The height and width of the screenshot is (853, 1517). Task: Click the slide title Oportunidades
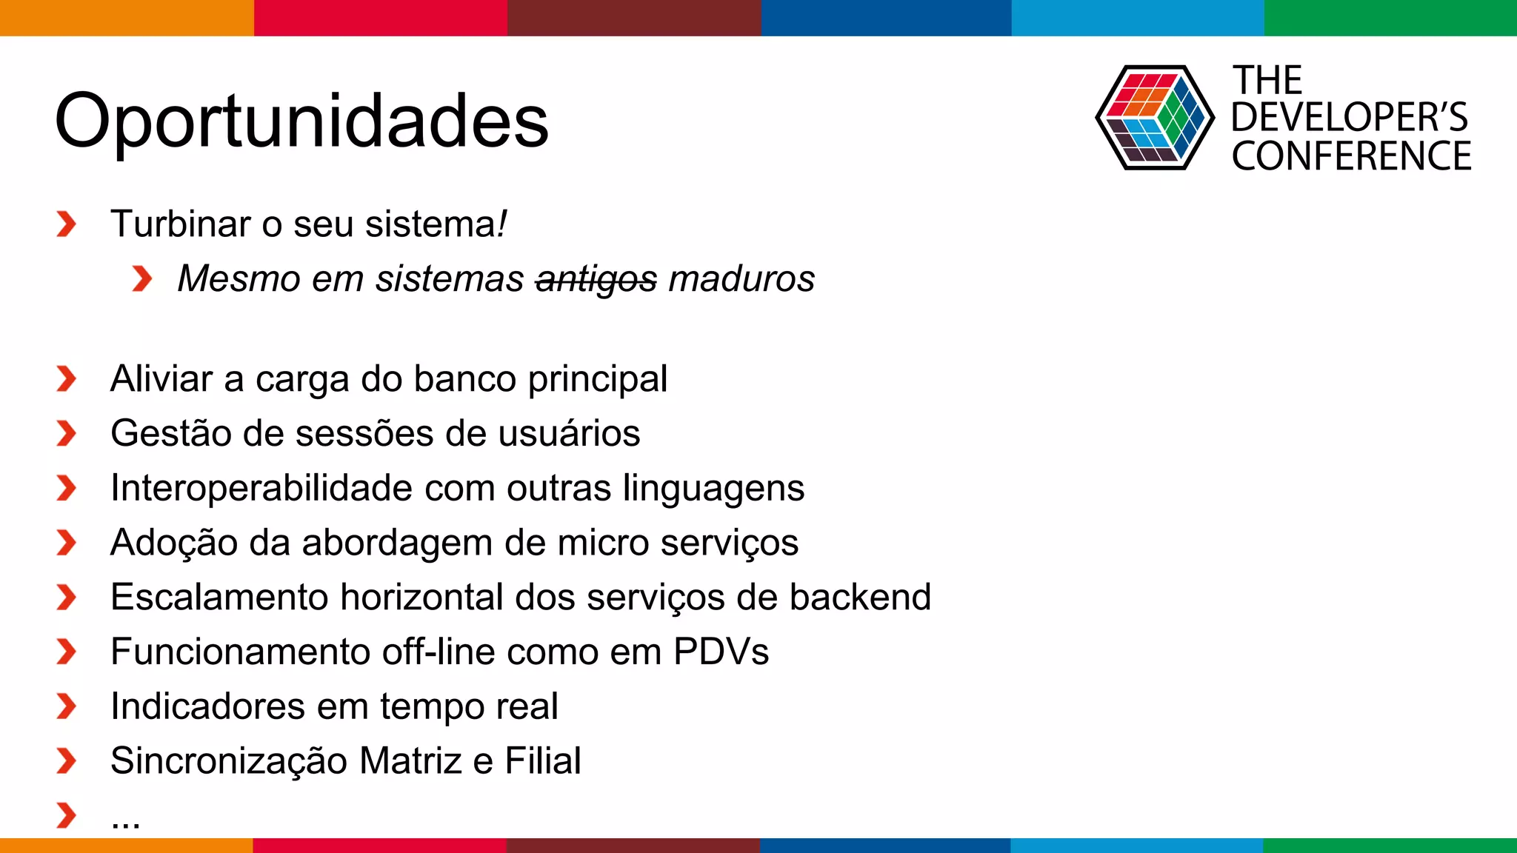301,121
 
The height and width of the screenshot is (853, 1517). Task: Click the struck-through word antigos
596,280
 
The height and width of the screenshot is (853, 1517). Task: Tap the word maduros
741,279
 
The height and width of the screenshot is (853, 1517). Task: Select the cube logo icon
1154,118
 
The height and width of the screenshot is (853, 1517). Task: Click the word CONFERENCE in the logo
1351,156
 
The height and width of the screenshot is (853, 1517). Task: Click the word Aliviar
161,378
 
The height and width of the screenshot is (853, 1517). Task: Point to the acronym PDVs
721,652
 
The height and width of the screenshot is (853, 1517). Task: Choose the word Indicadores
207,706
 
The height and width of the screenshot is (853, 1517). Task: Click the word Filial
542,761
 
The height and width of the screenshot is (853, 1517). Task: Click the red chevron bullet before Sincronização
66,761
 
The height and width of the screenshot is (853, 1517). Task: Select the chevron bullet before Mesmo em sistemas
141,279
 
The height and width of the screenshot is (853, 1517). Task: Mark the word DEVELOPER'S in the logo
1349,117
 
